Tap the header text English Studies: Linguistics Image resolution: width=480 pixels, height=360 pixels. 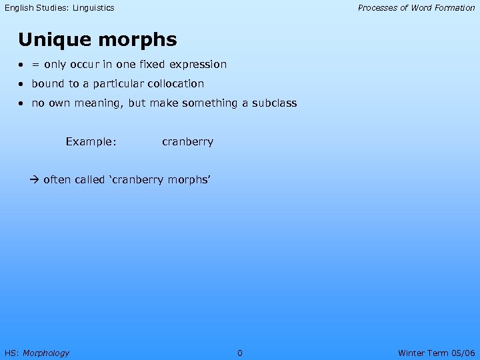pyautogui.click(x=59, y=8)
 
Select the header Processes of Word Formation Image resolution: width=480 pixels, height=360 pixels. pyautogui.click(x=416, y=8)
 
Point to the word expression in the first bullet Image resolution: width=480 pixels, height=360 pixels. pyautogui.click(x=198, y=65)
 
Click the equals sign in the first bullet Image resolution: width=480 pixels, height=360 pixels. pyautogui.click(x=35, y=65)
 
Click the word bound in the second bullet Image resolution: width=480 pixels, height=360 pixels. pyautogui.click(x=47, y=84)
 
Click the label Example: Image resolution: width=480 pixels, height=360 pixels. pyautogui.click(x=91, y=141)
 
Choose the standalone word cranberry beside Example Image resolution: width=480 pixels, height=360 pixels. pyautogui.click(x=187, y=142)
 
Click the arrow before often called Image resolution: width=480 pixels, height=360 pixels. pyautogui.click(x=35, y=179)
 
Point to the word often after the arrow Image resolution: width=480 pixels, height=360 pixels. pyautogui.click(x=57, y=179)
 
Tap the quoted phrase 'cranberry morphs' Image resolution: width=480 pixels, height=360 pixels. pyautogui.click(x=159, y=180)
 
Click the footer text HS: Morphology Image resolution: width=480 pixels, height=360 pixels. pyautogui.click(x=37, y=353)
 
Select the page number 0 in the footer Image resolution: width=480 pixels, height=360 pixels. pyautogui.click(x=240, y=353)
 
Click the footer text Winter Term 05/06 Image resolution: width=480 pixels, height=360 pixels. pyautogui.click(x=436, y=353)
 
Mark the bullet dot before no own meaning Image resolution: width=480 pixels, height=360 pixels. pyautogui.click(x=22, y=103)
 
